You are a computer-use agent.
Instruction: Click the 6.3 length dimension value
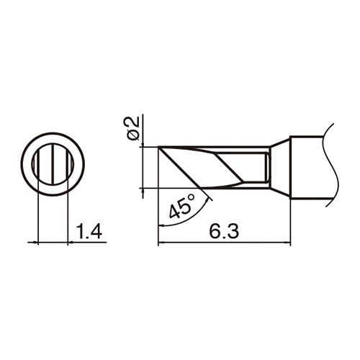pyautogui.click(x=224, y=231)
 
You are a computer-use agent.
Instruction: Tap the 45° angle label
pyautogui.click(x=182, y=207)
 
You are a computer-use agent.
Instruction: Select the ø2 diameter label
pyautogui.click(x=134, y=128)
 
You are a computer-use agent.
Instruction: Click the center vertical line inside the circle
pyautogui.click(x=53, y=165)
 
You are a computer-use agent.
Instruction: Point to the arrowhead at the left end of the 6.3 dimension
pyautogui.click(x=161, y=243)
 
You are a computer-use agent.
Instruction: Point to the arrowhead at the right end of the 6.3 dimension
pyautogui.click(x=287, y=243)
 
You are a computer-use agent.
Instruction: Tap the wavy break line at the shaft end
pyautogui.click(x=330, y=165)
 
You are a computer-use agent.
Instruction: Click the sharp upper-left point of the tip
pyautogui.click(x=158, y=147)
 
